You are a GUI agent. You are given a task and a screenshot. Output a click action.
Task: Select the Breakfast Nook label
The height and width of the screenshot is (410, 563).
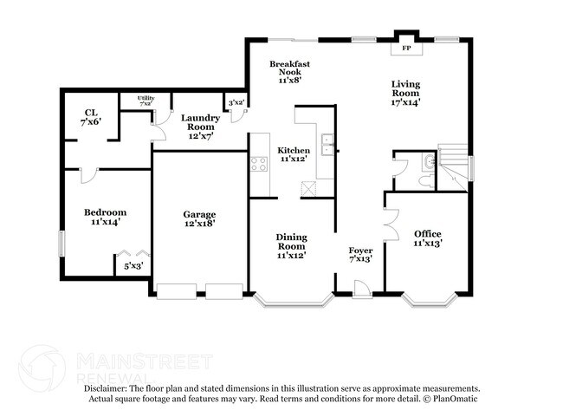[289, 72]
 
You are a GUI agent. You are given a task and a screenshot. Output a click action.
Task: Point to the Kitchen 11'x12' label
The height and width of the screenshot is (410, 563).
[294, 155]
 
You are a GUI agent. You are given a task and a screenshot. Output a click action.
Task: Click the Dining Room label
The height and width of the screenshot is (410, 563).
[292, 246]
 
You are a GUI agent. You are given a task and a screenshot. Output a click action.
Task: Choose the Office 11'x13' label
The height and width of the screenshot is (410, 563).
[428, 238]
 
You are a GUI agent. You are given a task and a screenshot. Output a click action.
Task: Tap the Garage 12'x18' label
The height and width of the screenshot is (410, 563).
[199, 218]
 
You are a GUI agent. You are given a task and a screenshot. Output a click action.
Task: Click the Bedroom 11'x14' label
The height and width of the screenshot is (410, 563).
[105, 217]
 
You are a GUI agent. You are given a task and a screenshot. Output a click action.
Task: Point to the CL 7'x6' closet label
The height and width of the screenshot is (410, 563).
[90, 116]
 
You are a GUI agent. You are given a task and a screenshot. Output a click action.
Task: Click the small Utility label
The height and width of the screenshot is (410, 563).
[146, 101]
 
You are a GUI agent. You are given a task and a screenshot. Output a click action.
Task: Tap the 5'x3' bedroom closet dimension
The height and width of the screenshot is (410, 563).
[133, 266]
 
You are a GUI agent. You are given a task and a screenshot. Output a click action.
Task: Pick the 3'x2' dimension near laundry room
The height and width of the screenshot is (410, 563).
[236, 103]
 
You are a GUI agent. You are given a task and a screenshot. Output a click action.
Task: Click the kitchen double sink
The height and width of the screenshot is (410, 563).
[327, 145]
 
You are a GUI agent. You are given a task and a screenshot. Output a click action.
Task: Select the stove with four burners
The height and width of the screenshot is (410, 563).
[258, 163]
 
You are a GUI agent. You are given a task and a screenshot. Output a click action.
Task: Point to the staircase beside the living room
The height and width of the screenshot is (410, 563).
[455, 163]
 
